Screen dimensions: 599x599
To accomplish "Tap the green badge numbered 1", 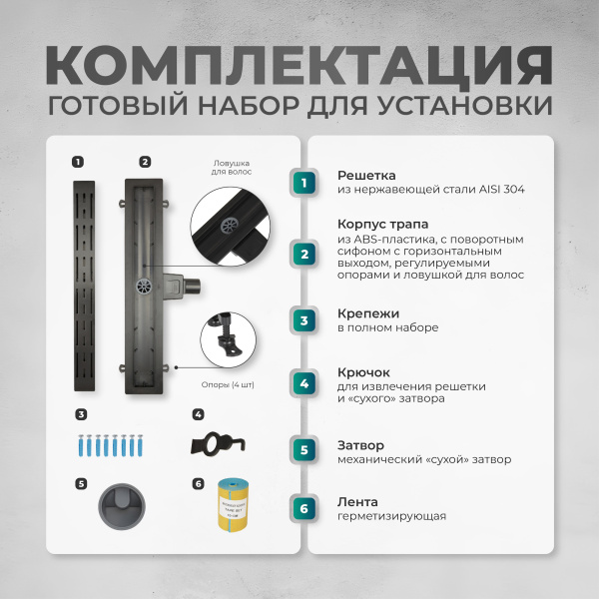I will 305,182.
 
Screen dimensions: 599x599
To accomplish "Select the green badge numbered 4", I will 305,383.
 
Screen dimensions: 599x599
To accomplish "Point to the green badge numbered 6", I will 305,509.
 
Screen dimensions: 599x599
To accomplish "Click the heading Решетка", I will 366,174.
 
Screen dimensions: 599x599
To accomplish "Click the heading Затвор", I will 360,444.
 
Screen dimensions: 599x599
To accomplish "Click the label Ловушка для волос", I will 231,167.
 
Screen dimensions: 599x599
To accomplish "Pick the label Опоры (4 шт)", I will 228,385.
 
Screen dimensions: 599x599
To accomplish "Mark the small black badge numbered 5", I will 80,484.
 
